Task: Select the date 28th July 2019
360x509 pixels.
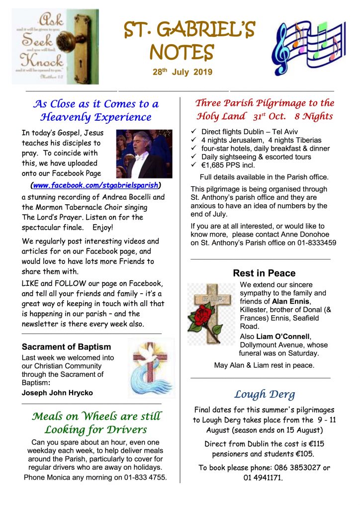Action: tap(182, 72)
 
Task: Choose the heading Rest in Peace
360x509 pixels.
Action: tap(264, 273)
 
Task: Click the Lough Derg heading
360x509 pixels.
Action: tap(265, 395)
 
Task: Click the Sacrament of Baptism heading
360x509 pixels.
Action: tap(66, 347)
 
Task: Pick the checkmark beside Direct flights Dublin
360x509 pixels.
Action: tap(194, 132)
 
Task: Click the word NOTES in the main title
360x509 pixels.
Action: tap(182, 51)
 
